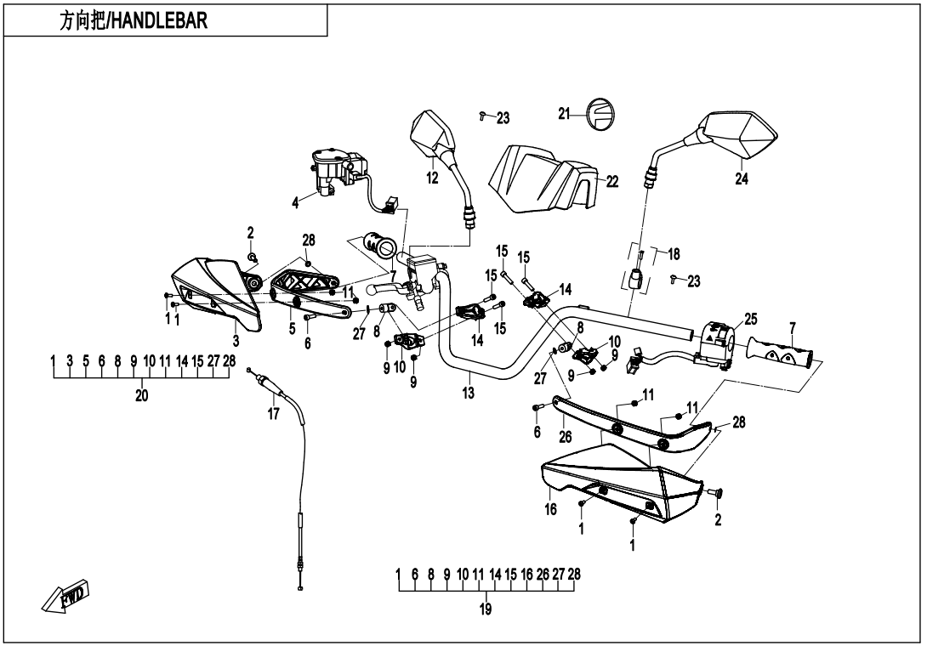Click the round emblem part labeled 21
point(600,114)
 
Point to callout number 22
point(612,181)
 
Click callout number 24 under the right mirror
point(742,179)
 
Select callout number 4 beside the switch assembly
point(295,202)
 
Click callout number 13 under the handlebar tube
point(467,394)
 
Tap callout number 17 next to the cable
point(273,414)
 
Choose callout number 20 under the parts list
point(141,394)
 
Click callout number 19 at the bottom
point(486,609)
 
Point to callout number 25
point(750,318)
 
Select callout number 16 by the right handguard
point(550,510)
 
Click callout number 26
point(566,438)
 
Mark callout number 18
point(674,254)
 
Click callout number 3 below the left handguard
point(235,340)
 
